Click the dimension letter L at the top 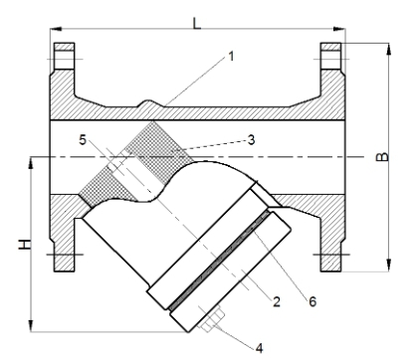click(x=197, y=23)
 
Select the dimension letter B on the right click(x=382, y=156)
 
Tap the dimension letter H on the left click(x=24, y=245)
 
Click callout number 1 click(x=231, y=56)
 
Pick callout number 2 click(x=277, y=301)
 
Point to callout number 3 click(x=252, y=140)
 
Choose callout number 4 click(x=260, y=348)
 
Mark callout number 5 click(x=83, y=140)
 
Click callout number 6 click(x=313, y=301)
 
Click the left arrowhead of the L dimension click(x=56, y=29)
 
